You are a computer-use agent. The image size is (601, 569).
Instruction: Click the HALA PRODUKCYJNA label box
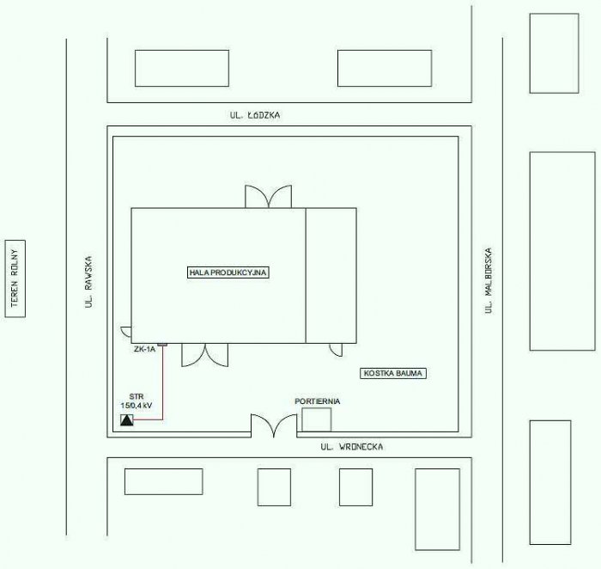[x=228, y=272]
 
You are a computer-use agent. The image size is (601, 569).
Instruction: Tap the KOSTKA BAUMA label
[x=393, y=373]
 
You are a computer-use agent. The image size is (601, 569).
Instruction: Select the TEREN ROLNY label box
[x=15, y=278]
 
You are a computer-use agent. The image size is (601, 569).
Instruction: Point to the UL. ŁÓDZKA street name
[x=255, y=114]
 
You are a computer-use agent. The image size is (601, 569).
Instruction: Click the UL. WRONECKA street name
[x=352, y=447]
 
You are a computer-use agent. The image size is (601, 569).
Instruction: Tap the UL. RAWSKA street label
[x=89, y=282]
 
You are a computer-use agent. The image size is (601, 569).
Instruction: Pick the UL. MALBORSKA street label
[x=488, y=280]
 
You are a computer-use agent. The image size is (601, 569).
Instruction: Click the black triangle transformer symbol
[x=127, y=420]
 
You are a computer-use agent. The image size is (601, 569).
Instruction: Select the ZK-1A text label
[x=144, y=349]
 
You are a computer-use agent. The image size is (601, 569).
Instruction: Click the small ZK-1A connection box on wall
[x=162, y=345]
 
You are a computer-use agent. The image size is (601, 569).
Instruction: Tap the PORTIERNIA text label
[x=317, y=401]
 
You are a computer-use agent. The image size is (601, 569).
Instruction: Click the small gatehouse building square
[x=317, y=419]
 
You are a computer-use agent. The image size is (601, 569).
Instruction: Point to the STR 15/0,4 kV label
[x=137, y=401]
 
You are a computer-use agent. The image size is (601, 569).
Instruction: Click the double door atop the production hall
[x=268, y=197]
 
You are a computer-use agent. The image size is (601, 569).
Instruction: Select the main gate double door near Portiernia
[x=274, y=425]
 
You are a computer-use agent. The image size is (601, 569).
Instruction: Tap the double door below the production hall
[x=204, y=355]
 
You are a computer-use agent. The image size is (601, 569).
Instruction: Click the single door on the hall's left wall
[x=126, y=332]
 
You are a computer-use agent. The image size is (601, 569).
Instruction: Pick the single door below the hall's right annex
[x=337, y=350]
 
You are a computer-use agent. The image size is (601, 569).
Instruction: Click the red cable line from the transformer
[x=162, y=383]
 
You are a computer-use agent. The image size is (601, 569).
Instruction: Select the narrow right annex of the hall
[x=331, y=276]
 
